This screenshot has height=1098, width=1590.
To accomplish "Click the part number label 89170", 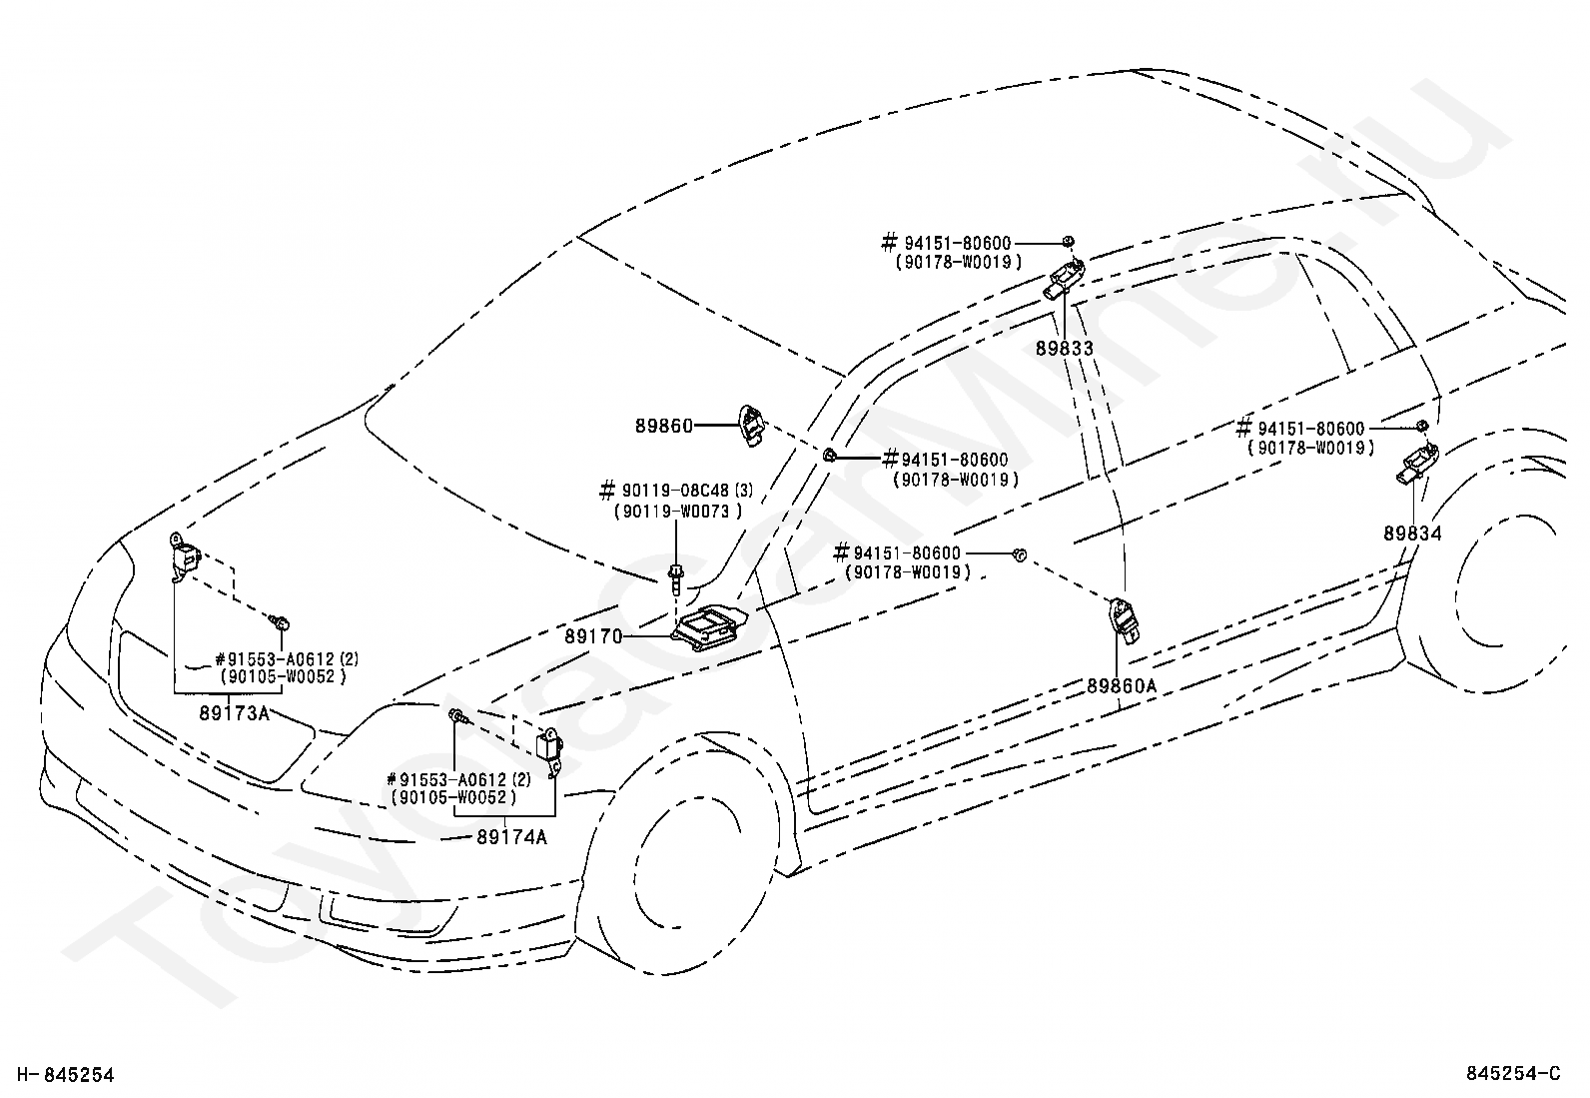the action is click(593, 636).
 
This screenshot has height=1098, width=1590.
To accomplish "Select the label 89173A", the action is click(235, 713).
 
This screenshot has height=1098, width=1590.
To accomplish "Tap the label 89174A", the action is click(511, 837).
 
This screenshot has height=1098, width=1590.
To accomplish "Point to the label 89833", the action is click(1064, 348).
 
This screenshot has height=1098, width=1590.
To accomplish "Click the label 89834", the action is click(1412, 534).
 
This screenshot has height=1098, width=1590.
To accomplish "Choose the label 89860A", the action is click(1122, 686).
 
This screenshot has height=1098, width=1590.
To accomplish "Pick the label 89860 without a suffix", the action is click(664, 427).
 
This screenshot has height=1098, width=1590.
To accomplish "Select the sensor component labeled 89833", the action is click(1064, 279).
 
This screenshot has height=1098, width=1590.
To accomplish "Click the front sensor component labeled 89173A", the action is click(185, 556).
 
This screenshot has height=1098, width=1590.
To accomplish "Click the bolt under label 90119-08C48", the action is click(676, 578).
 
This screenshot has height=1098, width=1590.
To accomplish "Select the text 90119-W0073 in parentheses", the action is click(677, 511).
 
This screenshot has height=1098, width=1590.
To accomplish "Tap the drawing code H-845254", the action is click(65, 1075).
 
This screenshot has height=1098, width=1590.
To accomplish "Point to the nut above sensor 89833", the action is click(1068, 242).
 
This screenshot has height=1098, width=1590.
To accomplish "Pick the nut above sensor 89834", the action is click(1422, 426).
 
